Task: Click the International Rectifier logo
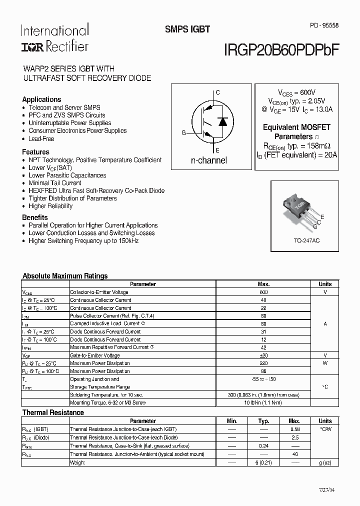[x=54, y=38]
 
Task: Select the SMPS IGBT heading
[x=187, y=29]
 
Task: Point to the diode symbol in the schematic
[x=223, y=121]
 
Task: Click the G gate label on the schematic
[x=183, y=133]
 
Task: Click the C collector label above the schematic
[x=217, y=92]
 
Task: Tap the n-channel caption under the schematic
[x=209, y=160]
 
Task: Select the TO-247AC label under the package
[x=306, y=241]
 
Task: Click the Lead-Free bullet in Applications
[x=41, y=138]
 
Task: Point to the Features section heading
[x=35, y=152]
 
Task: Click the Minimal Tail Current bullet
[x=55, y=183]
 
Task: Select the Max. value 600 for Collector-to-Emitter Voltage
[x=263, y=292]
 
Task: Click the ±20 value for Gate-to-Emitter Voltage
[x=263, y=355]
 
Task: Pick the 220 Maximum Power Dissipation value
[x=263, y=363]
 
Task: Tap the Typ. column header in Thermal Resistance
[x=263, y=421]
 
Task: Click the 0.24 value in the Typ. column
[x=263, y=446]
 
